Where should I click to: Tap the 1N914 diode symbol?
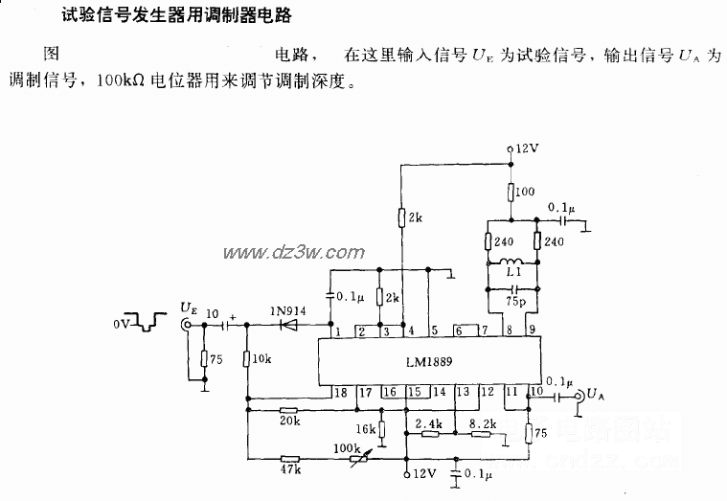(x=286, y=325)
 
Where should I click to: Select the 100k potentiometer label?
(x=345, y=447)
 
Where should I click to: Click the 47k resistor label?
(x=289, y=470)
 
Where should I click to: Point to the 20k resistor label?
(x=289, y=421)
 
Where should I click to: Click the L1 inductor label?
(x=515, y=272)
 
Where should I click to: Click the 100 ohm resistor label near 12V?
(x=524, y=193)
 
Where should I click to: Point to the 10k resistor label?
(x=262, y=358)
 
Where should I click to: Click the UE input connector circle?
(x=187, y=325)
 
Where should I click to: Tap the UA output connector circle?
(x=579, y=394)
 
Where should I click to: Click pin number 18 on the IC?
(x=340, y=391)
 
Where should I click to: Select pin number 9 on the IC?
(x=533, y=331)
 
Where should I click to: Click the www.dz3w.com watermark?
(x=282, y=252)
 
